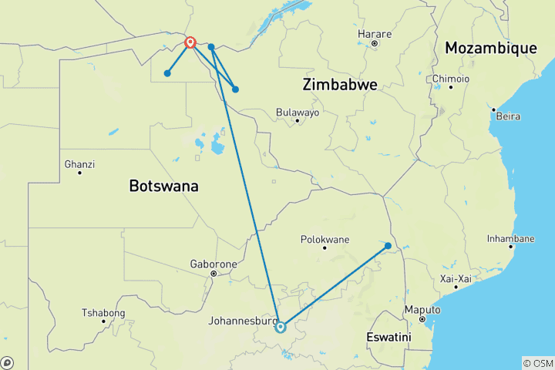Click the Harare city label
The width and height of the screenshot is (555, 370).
click(375, 34)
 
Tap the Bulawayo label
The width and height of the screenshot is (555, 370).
click(297, 113)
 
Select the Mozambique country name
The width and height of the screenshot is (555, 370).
click(490, 49)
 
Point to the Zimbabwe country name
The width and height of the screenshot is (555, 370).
click(340, 85)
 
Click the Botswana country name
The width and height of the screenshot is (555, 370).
click(163, 186)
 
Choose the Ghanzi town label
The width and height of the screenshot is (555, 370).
click(79, 164)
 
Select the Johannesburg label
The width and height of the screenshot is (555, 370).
click(241, 321)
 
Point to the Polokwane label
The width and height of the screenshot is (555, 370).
click(324, 239)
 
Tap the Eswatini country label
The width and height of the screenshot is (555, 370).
click(388, 338)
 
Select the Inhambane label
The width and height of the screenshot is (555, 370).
click(510, 238)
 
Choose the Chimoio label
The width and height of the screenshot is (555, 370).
click(450, 79)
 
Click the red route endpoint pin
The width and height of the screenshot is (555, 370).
click(190, 42)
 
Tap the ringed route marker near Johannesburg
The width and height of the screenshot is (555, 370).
click(281, 327)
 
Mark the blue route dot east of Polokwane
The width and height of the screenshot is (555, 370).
click(388, 246)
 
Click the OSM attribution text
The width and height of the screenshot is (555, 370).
click(538, 362)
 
